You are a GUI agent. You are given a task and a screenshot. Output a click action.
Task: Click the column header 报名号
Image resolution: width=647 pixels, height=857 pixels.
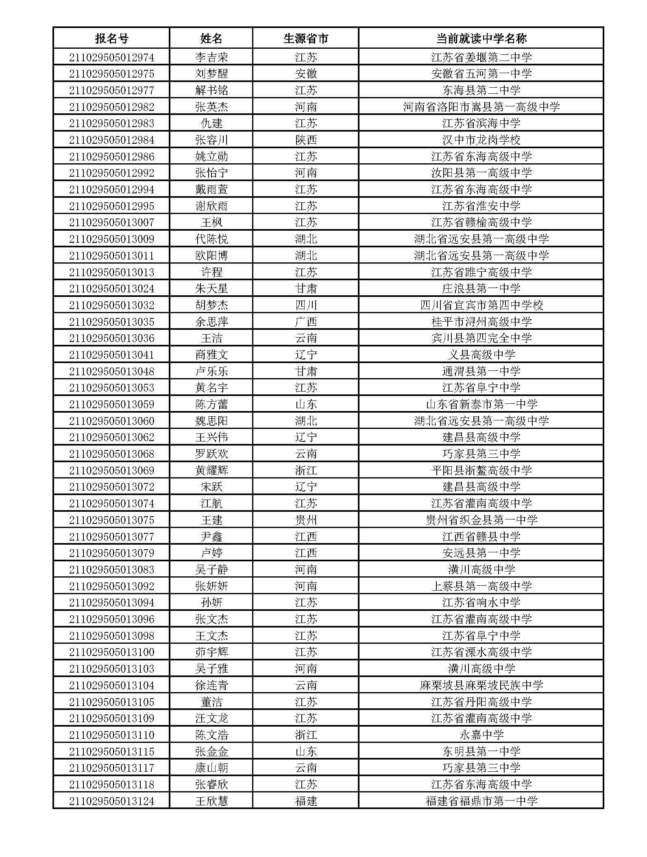[x=111, y=39]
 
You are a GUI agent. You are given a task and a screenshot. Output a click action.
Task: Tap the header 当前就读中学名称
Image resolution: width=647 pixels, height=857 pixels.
[x=481, y=39]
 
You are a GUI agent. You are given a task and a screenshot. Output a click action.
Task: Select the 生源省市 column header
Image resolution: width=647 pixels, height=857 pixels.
[x=305, y=39]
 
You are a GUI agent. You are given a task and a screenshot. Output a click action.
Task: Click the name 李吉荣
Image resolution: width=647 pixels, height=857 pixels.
[x=211, y=57]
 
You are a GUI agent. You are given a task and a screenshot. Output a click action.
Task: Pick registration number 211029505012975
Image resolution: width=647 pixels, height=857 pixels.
[x=111, y=74]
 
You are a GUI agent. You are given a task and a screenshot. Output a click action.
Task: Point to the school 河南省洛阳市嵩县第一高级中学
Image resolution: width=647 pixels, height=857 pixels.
[x=481, y=107]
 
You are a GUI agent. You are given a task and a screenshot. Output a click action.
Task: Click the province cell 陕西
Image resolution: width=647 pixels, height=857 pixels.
[x=305, y=140]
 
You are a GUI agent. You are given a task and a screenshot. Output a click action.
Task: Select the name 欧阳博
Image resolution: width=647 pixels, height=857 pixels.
[x=211, y=256]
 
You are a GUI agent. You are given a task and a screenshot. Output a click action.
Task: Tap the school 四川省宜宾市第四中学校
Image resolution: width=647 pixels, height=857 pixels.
[x=481, y=305]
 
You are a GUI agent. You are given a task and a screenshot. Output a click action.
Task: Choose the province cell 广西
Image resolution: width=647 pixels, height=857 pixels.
[x=305, y=322]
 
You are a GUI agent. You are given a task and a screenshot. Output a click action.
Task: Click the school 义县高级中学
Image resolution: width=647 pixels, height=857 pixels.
[x=481, y=355]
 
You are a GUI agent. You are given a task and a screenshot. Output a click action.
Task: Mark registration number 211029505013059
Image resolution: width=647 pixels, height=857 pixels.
[x=111, y=405]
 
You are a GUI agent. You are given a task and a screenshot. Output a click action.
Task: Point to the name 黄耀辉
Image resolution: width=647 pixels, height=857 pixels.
[x=211, y=471]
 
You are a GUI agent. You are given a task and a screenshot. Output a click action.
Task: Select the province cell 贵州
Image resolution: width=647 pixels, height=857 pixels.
[x=305, y=520]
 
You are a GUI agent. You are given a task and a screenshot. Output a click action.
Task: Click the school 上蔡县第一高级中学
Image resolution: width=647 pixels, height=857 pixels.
[x=481, y=586]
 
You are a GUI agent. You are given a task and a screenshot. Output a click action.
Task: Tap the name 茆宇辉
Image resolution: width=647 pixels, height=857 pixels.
[x=211, y=652]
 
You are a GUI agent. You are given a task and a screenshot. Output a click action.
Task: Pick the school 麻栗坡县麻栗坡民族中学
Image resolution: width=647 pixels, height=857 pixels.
[x=481, y=686]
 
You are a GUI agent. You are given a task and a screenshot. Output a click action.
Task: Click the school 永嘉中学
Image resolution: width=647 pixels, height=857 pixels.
[x=481, y=735]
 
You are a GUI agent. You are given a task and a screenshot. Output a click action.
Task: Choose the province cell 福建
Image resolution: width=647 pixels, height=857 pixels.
[x=305, y=801]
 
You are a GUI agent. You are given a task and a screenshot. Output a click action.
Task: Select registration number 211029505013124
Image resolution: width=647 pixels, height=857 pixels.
[x=111, y=801]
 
